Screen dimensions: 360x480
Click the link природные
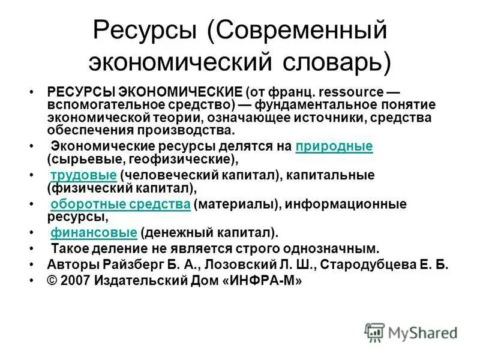[334, 146]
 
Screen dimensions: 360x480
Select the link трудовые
[83, 175]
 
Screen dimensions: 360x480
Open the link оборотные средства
[121, 205]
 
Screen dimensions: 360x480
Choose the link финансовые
[94, 233]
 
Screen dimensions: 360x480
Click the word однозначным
[335, 248]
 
